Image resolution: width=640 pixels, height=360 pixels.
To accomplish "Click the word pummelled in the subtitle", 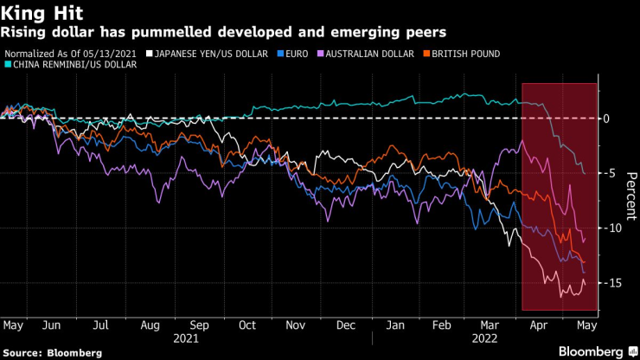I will [x=147, y=33].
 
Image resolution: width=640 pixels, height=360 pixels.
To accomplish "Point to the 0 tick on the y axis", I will [x=607, y=118].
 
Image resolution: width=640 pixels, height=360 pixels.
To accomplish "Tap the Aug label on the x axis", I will [x=150, y=325].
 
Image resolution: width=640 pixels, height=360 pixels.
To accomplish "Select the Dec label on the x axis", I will [x=345, y=325].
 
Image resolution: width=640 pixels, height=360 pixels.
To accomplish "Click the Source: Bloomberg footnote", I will [x=51, y=353].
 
